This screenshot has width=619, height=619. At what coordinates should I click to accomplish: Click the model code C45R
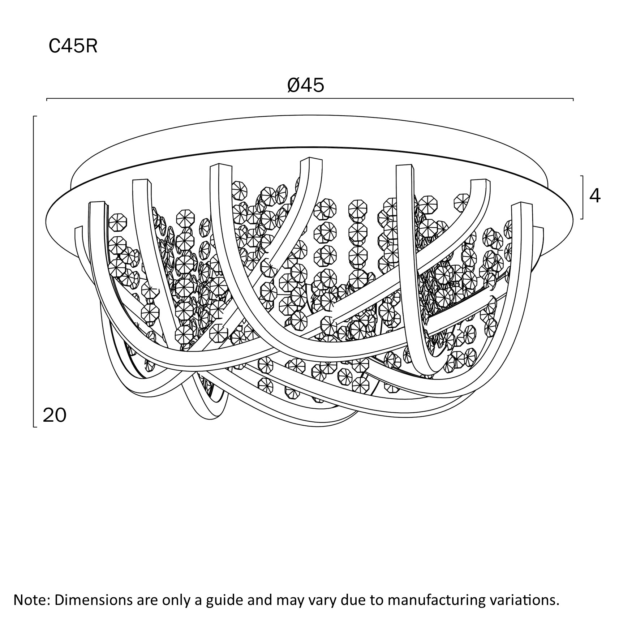(73, 46)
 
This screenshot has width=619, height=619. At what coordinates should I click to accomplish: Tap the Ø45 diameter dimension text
(306, 86)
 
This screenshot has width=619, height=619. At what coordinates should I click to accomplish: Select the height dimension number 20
(55, 415)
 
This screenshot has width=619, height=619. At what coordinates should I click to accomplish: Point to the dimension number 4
(595, 195)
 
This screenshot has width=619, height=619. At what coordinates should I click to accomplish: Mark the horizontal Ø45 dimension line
(310, 98)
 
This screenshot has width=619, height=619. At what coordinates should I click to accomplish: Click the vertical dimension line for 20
(34, 271)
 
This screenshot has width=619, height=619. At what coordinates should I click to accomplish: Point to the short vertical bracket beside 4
(583, 197)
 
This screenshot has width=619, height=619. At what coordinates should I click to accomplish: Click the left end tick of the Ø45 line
(47, 99)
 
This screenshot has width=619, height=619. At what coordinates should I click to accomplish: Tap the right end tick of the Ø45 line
(573, 99)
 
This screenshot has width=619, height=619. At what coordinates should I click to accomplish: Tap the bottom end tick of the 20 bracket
(35, 427)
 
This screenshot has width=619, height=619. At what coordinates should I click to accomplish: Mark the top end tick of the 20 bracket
(35, 116)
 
